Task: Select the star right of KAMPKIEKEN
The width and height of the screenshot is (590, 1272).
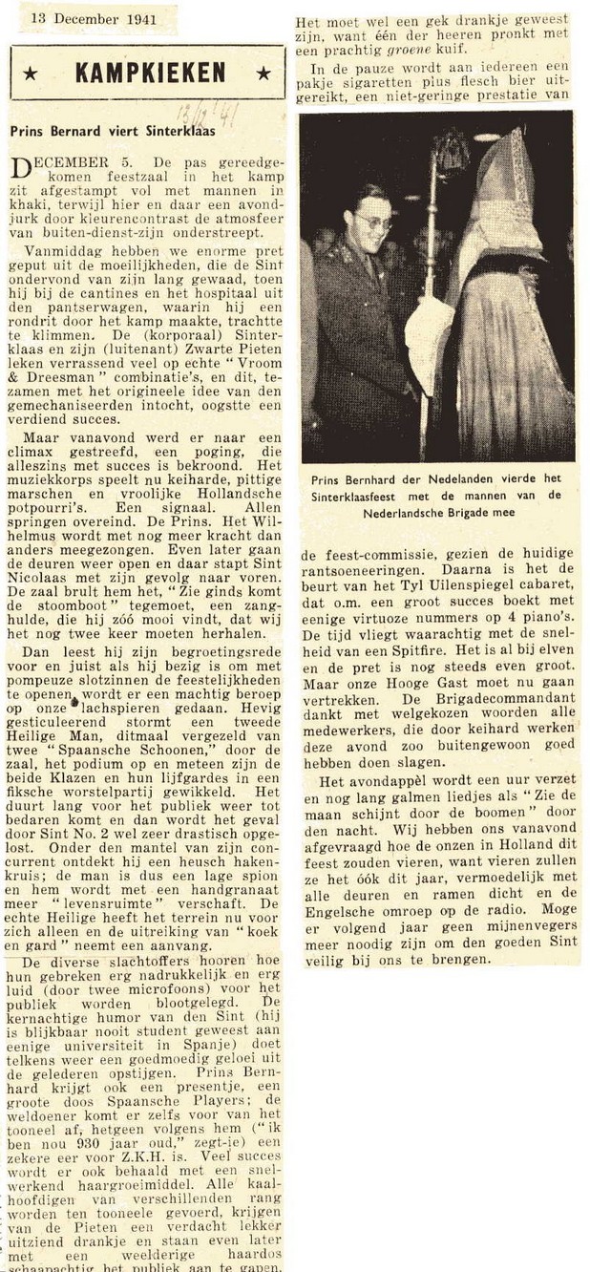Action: [264, 74]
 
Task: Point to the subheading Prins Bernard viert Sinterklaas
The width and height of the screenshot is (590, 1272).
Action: [113, 131]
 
